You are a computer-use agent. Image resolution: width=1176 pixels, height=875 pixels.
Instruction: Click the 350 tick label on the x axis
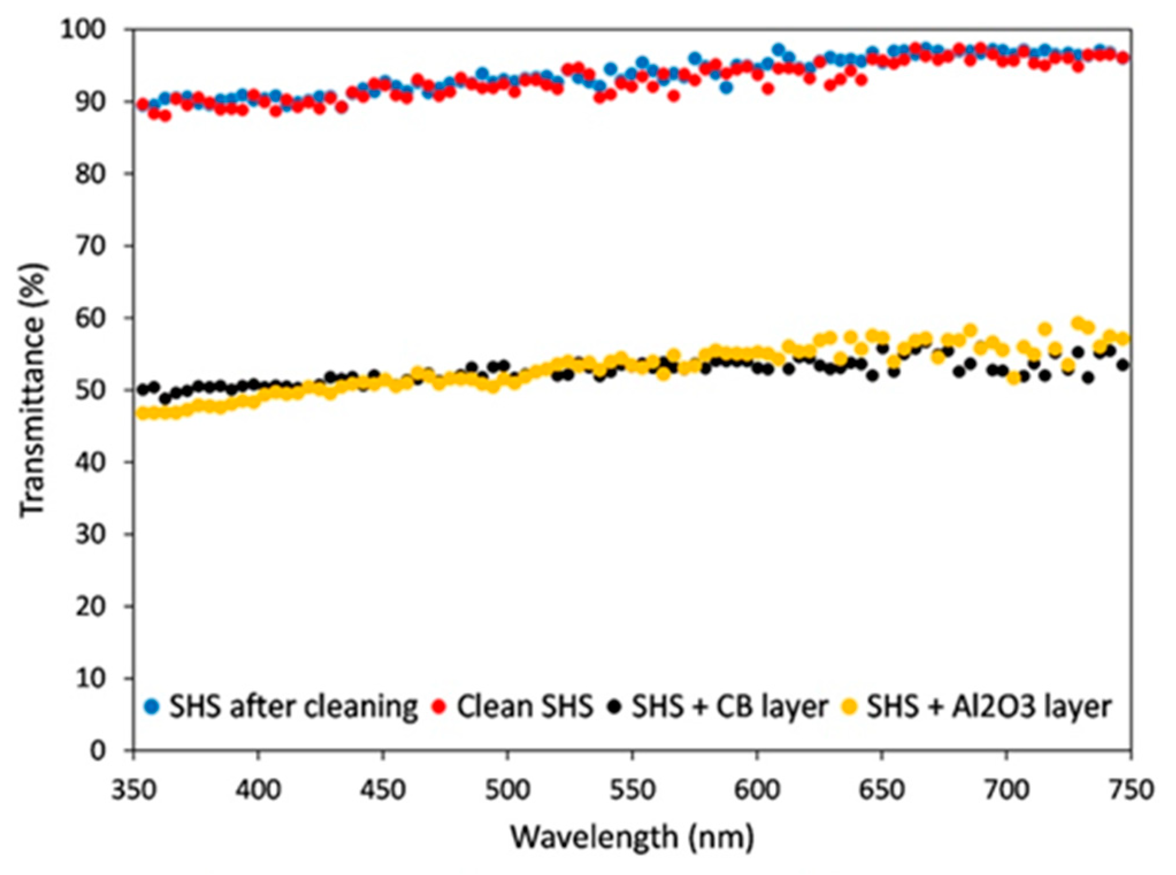pyautogui.click(x=133, y=790)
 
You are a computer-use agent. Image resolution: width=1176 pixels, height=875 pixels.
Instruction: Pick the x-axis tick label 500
pyautogui.click(x=507, y=790)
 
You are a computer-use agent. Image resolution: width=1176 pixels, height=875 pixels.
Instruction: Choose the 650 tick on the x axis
pyautogui.click(x=882, y=790)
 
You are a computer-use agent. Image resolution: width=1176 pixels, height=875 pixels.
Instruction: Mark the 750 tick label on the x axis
pyautogui.click(x=1131, y=790)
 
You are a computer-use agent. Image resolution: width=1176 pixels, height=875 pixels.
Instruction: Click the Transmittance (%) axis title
pyautogui.click(x=32, y=390)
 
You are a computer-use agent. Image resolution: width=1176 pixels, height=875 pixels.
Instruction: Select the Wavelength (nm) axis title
pyautogui.click(x=632, y=837)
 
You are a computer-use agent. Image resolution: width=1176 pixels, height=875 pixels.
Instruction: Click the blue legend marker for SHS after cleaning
pyautogui.click(x=152, y=706)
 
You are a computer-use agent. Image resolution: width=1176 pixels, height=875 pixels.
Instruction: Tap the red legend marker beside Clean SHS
pyautogui.click(x=440, y=706)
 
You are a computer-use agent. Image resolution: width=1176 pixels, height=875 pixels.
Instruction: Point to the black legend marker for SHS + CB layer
pyautogui.click(x=615, y=706)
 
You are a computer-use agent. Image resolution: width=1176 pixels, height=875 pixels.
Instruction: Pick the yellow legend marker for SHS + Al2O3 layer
pyautogui.click(x=850, y=706)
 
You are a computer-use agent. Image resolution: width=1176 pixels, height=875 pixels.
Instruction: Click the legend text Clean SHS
pyautogui.click(x=524, y=706)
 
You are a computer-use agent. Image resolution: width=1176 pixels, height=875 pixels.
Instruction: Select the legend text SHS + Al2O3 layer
pyautogui.click(x=989, y=706)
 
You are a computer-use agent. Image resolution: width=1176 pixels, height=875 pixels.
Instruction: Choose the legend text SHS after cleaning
pyautogui.click(x=293, y=706)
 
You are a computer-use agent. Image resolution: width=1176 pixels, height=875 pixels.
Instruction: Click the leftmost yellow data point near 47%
pyautogui.click(x=141, y=413)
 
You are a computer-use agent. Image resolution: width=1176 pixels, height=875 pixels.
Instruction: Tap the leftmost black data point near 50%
pyautogui.click(x=143, y=389)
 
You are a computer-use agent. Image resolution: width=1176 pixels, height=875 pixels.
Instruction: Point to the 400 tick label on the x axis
pyautogui.click(x=258, y=790)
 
